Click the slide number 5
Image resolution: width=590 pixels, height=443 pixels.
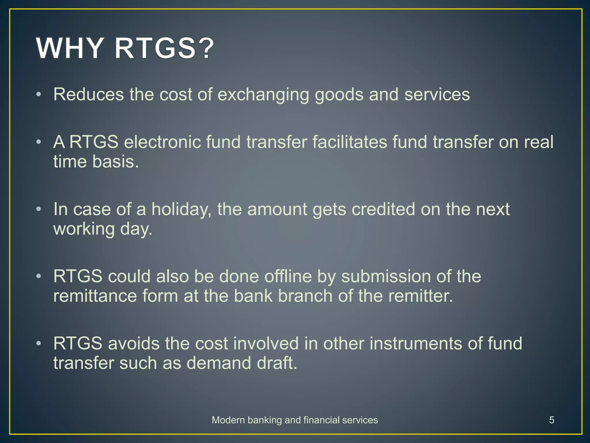[551, 420]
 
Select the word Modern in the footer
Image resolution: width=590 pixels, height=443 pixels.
[229, 420]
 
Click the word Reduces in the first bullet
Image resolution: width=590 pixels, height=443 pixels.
[88, 94]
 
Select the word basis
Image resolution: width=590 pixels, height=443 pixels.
[116, 162]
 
